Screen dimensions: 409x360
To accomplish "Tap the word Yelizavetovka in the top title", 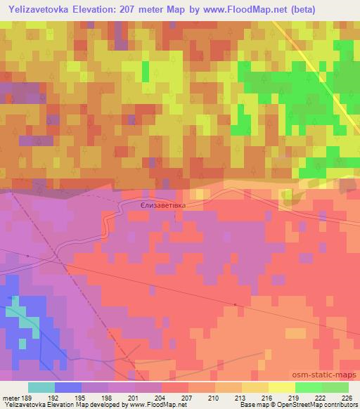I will pyautogui.click(x=40, y=9).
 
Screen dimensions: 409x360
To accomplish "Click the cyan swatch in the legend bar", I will pyautogui.click(x=41, y=387).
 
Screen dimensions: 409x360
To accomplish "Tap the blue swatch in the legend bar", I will pyautogui.click(x=67, y=387).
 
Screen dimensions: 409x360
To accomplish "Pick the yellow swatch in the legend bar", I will pyautogui.click(x=281, y=387).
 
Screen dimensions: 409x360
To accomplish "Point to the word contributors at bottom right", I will pyautogui.click(x=337, y=405).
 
